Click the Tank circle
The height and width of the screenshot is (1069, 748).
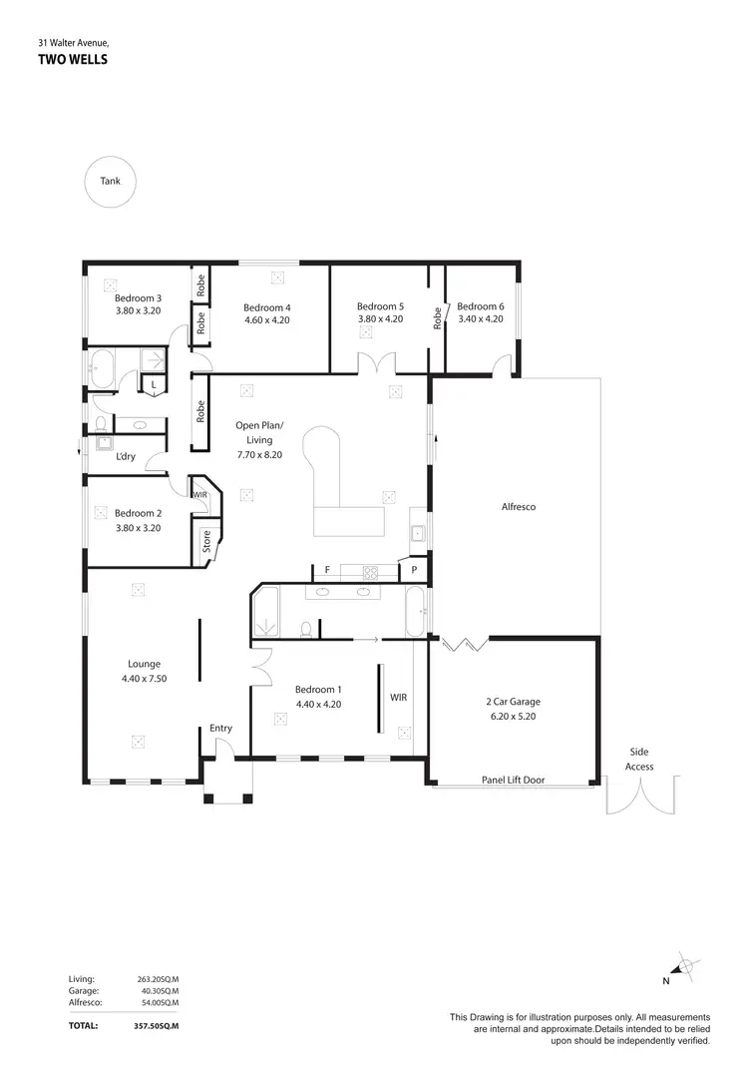coord(110,182)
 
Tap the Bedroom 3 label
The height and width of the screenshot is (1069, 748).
coord(138,297)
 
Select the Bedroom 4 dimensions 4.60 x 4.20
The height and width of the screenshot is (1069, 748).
coord(266,320)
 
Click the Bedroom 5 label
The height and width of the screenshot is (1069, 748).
coord(380,306)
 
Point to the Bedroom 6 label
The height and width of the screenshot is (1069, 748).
coord(481,306)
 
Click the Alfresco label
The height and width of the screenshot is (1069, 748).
coord(518,507)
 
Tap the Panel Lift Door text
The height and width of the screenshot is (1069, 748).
coord(513,780)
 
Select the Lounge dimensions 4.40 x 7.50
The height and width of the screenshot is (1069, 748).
coord(144,678)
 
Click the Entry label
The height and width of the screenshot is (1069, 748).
coord(220,728)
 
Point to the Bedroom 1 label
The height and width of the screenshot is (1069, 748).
coord(318,689)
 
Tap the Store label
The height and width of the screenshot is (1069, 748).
coord(206,542)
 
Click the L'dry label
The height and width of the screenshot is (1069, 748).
coord(126,456)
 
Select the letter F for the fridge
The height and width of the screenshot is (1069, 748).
coord(326,569)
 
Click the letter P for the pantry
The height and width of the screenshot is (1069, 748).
coord(413,570)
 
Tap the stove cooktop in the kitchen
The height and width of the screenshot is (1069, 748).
coord(370,572)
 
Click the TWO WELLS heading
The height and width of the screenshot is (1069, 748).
coord(73,60)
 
